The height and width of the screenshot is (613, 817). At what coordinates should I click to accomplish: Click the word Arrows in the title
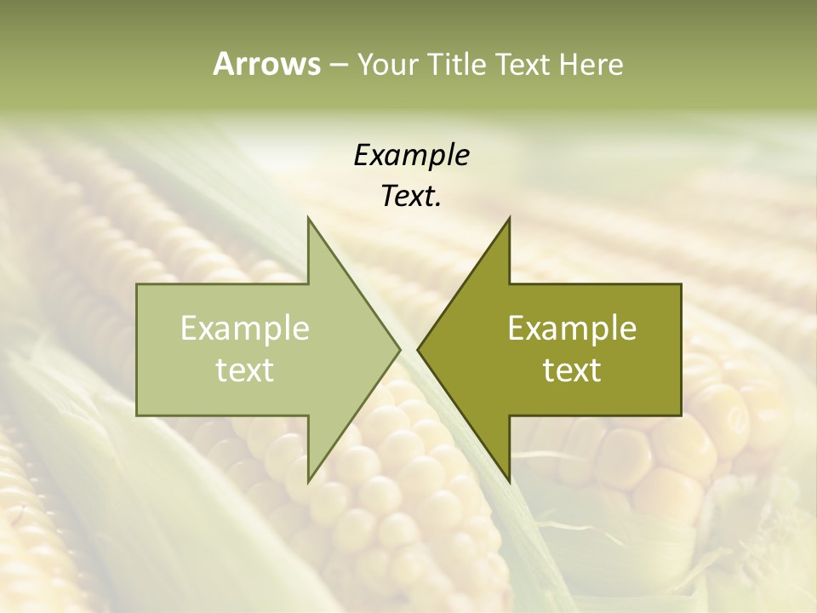pos(266,64)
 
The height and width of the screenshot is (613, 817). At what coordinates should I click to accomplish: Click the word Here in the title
pos(591,64)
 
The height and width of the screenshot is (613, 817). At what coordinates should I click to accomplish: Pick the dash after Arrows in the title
pos(338,65)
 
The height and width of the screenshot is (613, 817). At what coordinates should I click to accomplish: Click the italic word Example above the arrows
pos(411,155)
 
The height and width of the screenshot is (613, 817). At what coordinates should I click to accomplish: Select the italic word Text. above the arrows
pos(411,196)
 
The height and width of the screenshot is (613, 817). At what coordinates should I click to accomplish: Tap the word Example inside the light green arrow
pos(245,328)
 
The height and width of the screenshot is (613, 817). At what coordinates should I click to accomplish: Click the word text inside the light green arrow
pos(245,370)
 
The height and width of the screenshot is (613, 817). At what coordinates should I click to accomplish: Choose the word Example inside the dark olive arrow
pos(572,328)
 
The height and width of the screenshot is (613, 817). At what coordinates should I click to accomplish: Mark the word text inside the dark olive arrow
pos(572,370)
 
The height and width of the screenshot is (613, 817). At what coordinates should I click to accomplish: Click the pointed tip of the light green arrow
pos(399,350)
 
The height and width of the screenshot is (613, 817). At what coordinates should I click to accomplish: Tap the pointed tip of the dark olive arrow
pos(418,350)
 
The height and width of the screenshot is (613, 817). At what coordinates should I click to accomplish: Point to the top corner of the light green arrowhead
pos(308,218)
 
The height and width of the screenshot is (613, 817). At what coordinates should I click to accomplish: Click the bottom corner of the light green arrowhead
pos(308,482)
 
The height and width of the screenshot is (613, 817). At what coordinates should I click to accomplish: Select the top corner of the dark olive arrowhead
pos(509,218)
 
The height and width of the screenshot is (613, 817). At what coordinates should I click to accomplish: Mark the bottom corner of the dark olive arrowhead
pos(509,482)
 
